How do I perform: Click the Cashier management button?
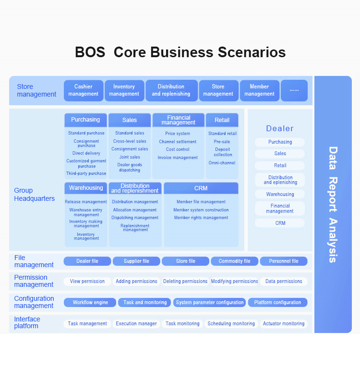84,90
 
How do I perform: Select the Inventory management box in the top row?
124,90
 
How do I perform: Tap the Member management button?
260,90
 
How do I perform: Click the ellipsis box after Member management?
294,90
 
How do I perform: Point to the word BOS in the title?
90,52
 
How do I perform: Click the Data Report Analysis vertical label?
333,205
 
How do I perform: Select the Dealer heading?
280,128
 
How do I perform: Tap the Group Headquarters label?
35,195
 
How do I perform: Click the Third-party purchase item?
86,173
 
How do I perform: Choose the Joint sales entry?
130,157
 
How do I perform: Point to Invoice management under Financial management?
178,158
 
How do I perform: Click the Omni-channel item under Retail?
222,163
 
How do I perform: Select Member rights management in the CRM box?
201,218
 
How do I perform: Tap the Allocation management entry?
135,210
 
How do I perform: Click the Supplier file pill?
136,261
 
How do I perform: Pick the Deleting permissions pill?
185,282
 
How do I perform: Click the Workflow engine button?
90,302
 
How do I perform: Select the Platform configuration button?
278,302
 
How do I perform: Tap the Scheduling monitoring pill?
231,323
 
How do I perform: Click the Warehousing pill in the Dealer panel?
280,194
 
